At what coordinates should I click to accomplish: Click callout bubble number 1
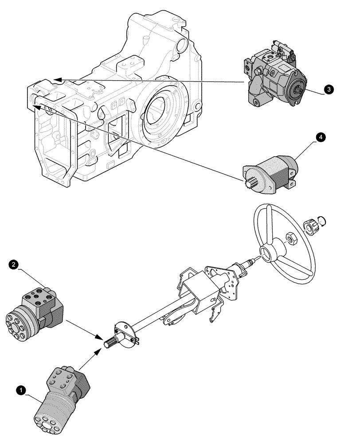tap(19, 390)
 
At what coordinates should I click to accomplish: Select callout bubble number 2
tap(14, 265)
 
